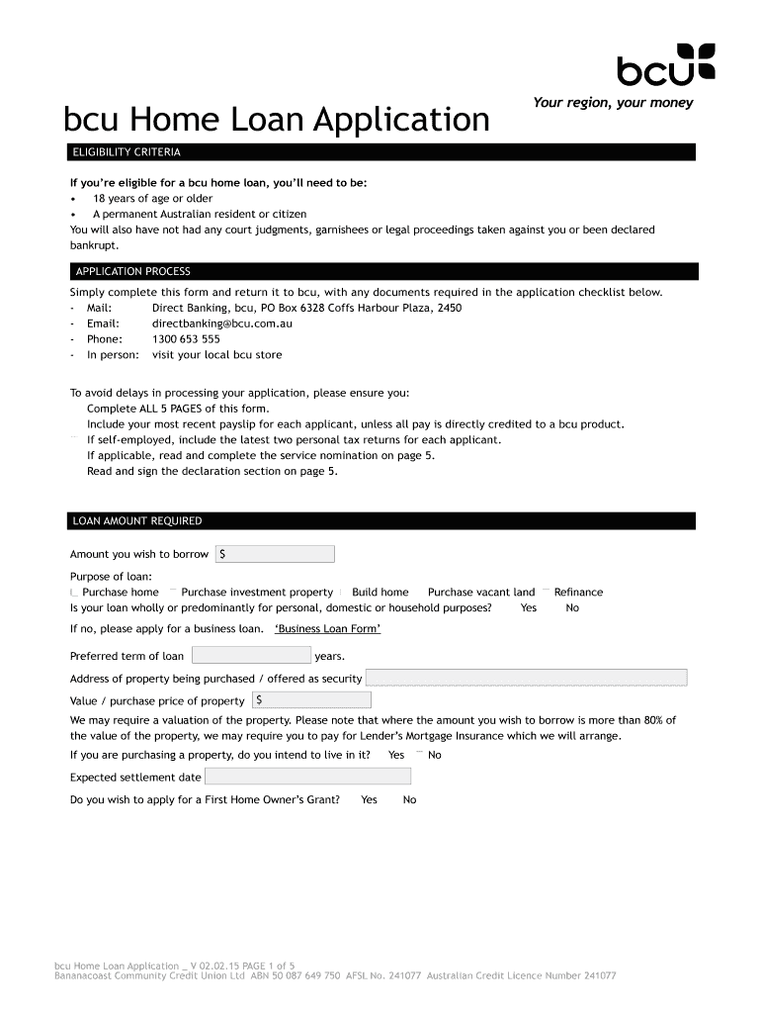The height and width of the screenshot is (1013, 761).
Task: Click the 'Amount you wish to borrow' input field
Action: [275, 554]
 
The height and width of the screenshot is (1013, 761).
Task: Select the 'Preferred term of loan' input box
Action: [251, 655]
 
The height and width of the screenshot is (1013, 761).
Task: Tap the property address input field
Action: [526, 678]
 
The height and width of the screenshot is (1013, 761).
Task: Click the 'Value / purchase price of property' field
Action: [311, 700]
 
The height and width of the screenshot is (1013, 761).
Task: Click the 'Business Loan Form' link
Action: [327, 629]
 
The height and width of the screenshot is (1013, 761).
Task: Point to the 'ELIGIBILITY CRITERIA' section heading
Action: [126, 152]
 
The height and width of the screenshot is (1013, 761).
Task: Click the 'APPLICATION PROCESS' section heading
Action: [132, 271]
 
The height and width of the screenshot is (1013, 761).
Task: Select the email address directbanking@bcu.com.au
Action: [221, 323]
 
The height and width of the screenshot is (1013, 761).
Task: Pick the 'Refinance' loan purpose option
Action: [577, 593]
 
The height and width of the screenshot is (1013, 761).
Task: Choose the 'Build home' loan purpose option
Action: [379, 593]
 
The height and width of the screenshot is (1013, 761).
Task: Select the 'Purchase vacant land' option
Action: [480, 593]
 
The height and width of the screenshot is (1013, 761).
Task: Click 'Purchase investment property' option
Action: [256, 593]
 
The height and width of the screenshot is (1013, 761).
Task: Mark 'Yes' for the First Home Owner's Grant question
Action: [369, 800]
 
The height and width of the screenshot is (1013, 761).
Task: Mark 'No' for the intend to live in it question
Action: [433, 755]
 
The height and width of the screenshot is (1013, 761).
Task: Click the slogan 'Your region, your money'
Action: [613, 103]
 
